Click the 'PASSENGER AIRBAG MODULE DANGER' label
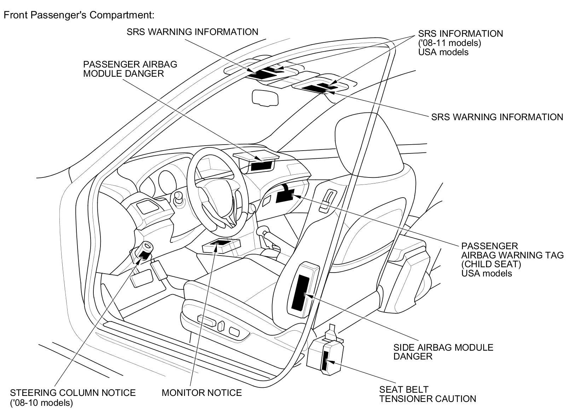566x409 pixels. [x=130, y=69]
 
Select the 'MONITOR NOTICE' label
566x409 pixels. [x=201, y=392]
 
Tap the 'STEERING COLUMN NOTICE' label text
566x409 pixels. [x=73, y=392]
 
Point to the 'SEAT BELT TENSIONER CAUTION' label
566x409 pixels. [x=427, y=394]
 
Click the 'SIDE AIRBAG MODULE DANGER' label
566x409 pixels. [x=443, y=351]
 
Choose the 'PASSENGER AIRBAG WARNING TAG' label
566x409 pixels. [x=512, y=255]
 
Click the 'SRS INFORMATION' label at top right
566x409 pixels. [x=460, y=34]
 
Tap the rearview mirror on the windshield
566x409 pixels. [x=265, y=97]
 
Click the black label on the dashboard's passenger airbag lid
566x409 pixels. [x=262, y=165]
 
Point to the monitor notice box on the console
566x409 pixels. [x=221, y=245]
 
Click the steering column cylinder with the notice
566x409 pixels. [x=143, y=251]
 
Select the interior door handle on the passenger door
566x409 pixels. [x=327, y=200]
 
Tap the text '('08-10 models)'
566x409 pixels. [x=42, y=402]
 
